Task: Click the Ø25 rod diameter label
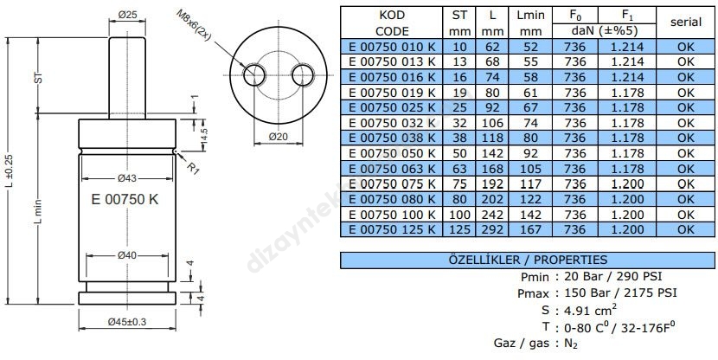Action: coord(128,15)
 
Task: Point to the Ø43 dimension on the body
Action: coord(127,179)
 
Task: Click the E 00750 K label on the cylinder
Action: coord(125,199)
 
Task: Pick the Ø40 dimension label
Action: coord(127,254)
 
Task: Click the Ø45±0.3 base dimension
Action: coord(128,322)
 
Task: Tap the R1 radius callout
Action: coord(195,168)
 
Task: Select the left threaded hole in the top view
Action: coord(255,74)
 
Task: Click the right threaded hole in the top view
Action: coord(304,74)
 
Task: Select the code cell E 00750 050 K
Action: coord(391,152)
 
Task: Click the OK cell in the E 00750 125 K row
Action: coord(685,228)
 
